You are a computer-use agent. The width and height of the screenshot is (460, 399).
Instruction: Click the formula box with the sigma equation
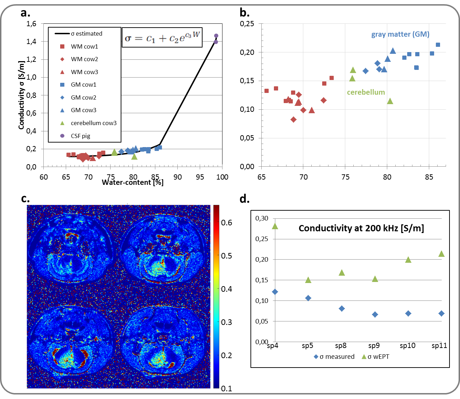(x=162, y=38)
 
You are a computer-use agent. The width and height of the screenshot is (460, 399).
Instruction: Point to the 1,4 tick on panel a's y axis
(x=31, y=42)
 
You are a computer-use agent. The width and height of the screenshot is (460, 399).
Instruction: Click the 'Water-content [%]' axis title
(x=133, y=182)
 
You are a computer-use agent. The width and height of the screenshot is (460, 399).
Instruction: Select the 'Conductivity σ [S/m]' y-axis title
(x=21, y=95)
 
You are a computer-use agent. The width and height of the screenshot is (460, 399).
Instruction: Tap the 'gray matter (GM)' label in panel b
(x=400, y=34)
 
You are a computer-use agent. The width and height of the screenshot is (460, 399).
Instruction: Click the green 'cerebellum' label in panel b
(x=366, y=92)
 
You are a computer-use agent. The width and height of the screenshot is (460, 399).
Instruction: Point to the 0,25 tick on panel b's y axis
(x=247, y=24)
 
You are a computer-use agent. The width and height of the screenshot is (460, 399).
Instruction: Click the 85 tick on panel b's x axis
(x=429, y=177)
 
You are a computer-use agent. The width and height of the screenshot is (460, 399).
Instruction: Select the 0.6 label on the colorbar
(x=226, y=223)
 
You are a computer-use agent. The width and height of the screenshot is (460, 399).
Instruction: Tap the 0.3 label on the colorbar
(x=226, y=322)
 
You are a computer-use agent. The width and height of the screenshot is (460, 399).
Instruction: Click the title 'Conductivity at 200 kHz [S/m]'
(x=361, y=228)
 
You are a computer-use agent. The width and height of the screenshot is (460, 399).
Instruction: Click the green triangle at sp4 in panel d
(x=275, y=226)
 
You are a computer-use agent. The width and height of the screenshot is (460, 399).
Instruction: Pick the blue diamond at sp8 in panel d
(x=342, y=309)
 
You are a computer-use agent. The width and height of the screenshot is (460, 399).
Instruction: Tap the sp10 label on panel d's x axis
(x=408, y=346)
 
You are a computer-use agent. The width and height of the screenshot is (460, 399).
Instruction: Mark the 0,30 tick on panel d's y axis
(x=262, y=218)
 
